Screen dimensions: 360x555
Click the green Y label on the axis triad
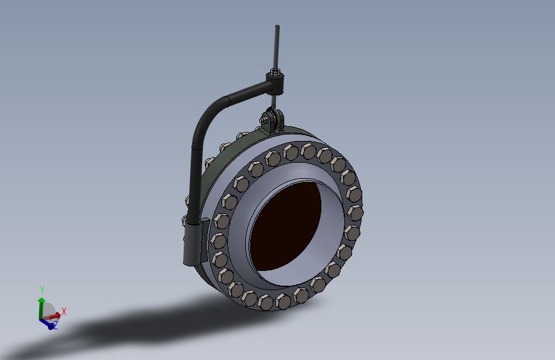(42, 290)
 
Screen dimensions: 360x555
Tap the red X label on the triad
(64, 311)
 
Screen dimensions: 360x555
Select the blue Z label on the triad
(56, 325)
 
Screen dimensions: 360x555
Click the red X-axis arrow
(54, 315)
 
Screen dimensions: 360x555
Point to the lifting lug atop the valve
(272, 120)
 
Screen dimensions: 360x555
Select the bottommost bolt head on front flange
(266, 302)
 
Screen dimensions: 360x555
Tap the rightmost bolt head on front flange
(355, 212)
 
